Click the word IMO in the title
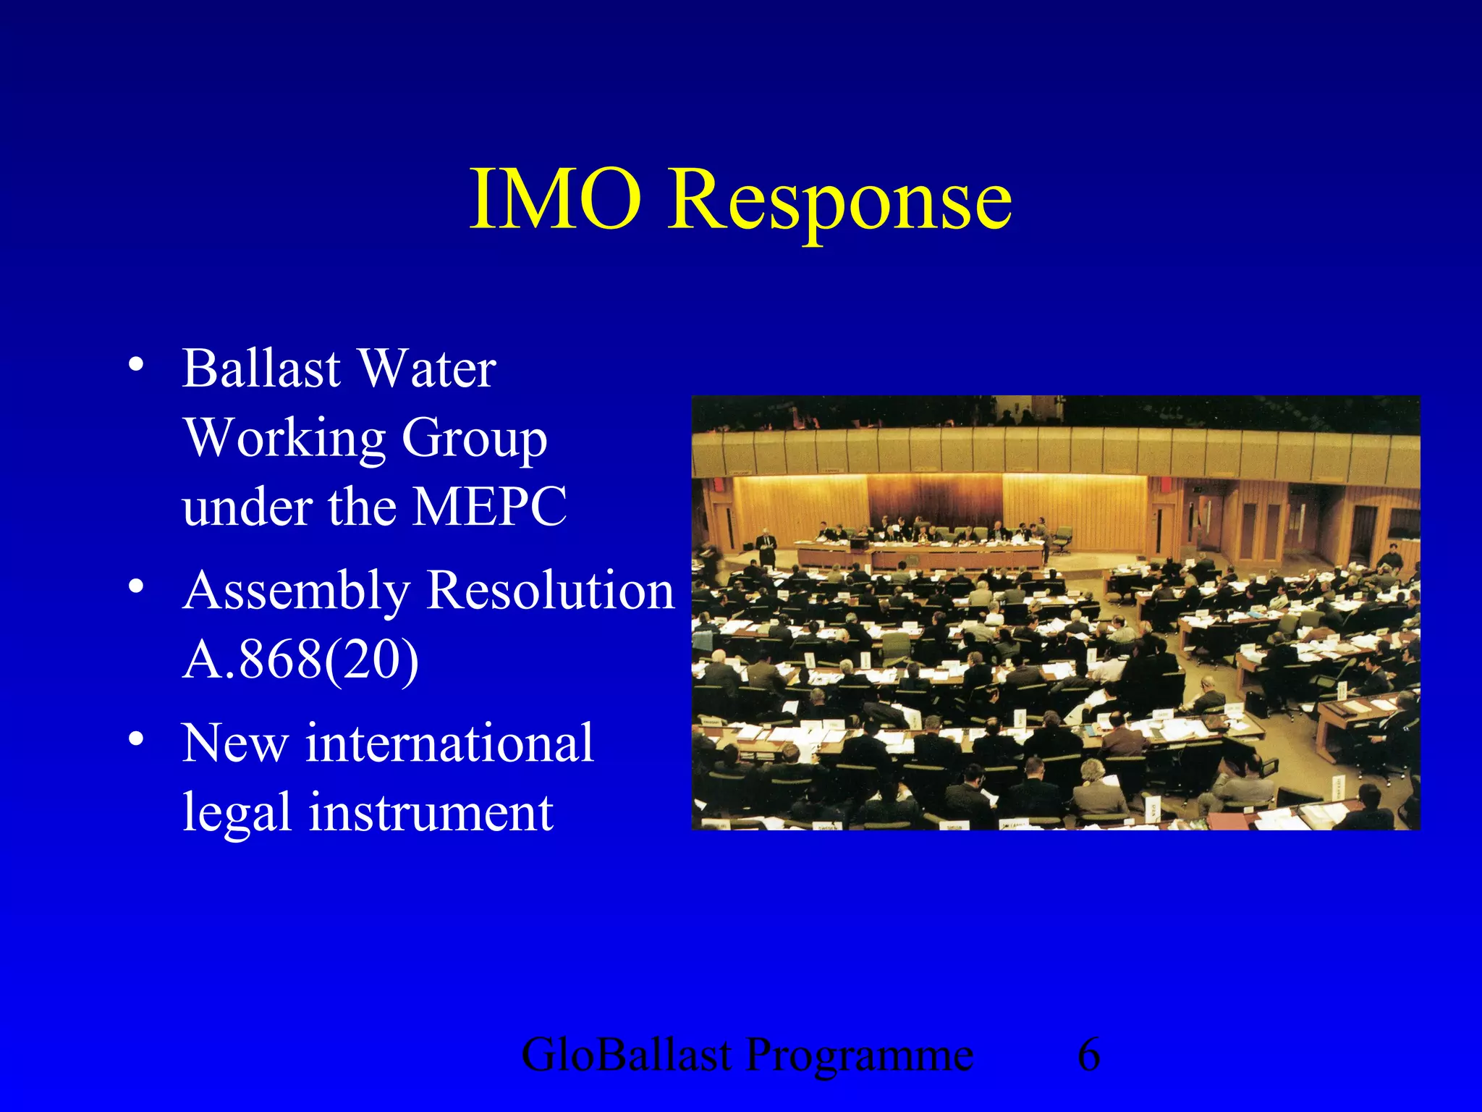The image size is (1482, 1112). (556, 199)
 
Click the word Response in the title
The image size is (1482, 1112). (839, 203)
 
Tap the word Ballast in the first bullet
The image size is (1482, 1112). (261, 369)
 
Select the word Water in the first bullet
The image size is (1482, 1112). (427, 369)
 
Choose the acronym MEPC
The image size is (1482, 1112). (489, 507)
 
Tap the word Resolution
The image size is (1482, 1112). (550, 590)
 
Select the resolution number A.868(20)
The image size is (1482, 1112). (300, 660)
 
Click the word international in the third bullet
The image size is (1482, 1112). (449, 744)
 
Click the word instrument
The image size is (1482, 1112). (431, 813)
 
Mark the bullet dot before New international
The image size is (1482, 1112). (135, 739)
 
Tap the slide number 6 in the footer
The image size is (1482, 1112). (1088, 1055)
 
